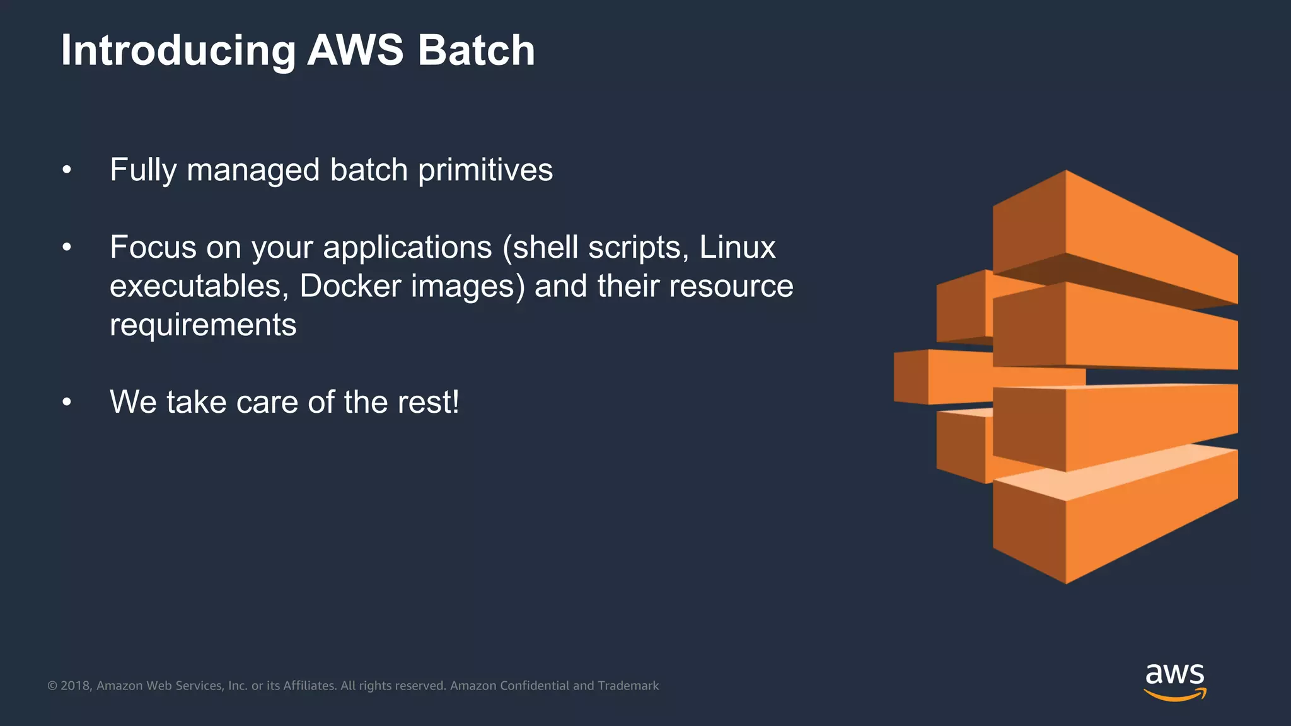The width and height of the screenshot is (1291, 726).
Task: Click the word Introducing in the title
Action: [x=178, y=50]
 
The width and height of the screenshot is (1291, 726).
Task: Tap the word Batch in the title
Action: [x=476, y=50]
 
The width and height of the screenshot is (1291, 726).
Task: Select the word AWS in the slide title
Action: [x=355, y=50]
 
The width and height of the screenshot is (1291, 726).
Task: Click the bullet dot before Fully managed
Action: [x=67, y=170]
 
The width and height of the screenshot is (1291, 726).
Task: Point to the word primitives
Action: [x=485, y=170]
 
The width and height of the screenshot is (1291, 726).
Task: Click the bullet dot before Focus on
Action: [x=67, y=248]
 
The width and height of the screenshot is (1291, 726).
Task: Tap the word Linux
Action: [x=737, y=248]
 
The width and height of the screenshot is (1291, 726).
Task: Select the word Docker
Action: [x=350, y=286]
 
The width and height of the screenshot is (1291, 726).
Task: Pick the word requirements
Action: [x=203, y=325]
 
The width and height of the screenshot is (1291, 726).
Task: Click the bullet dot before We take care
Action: [x=67, y=402]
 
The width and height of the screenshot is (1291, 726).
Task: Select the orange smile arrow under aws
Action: [x=1174, y=694]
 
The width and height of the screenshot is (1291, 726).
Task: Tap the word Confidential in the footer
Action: [x=535, y=686]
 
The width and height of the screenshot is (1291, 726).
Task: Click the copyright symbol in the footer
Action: [x=52, y=686]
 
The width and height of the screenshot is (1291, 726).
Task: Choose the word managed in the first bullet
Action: [x=253, y=170]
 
